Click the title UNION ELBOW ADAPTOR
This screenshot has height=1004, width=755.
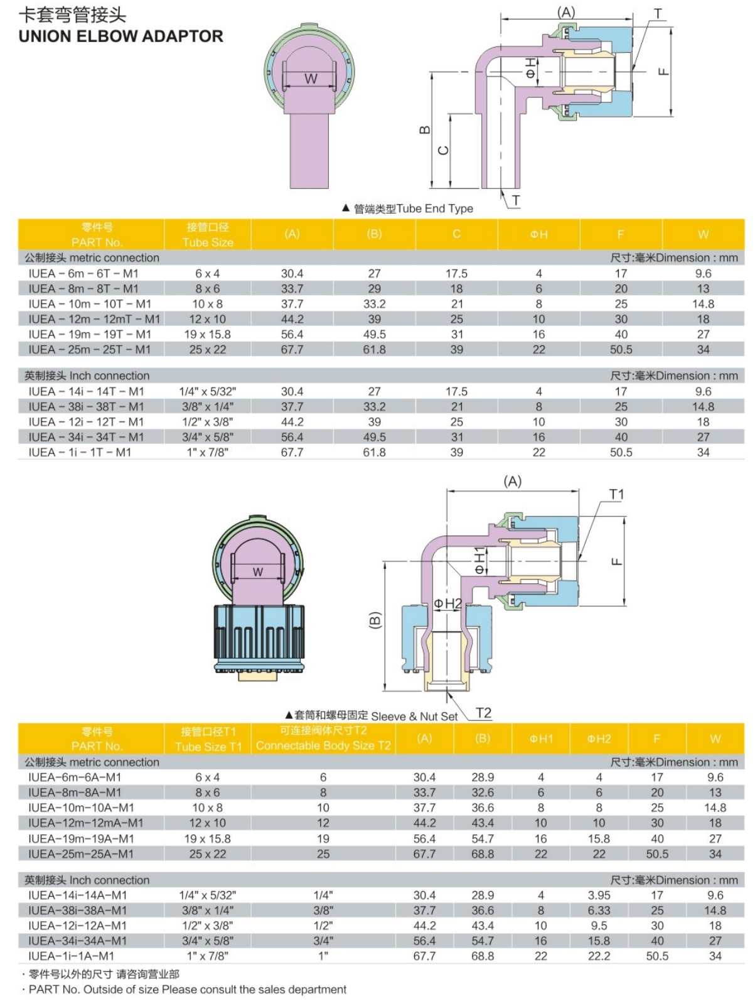pyautogui.click(x=120, y=36)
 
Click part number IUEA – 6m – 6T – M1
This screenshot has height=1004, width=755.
pyautogui.click(x=83, y=274)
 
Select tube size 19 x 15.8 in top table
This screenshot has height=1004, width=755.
pyautogui.click(x=207, y=335)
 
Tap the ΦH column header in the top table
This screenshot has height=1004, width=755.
pyautogui.click(x=538, y=234)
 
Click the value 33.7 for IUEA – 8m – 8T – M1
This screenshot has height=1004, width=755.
pyautogui.click(x=292, y=289)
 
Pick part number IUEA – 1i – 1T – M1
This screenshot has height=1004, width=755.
pyautogui.click(x=80, y=453)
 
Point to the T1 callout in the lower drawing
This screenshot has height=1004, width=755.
pyautogui.click(x=616, y=495)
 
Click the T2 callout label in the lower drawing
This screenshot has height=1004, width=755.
pyautogui.click(x=483, y=713)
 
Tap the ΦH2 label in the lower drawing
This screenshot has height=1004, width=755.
pyautogui.click(x=447, y=604)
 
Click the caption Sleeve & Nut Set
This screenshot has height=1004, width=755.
pyautogui.click(x=414, y=716)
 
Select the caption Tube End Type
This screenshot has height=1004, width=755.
pyautogui.click(x=434, y=208)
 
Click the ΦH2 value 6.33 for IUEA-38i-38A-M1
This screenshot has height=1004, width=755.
pyautogui.click(x=599, y=910)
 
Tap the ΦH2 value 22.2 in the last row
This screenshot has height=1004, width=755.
pyautogui.click(x=599, y=956)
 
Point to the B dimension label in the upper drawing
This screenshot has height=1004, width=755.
pyautogui.click(x=424, y=130)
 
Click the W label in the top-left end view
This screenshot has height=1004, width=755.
pyautogui.click(x=311, y=79)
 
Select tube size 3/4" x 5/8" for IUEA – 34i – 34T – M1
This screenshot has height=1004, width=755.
pyautogui.click(x=207, y=438)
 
